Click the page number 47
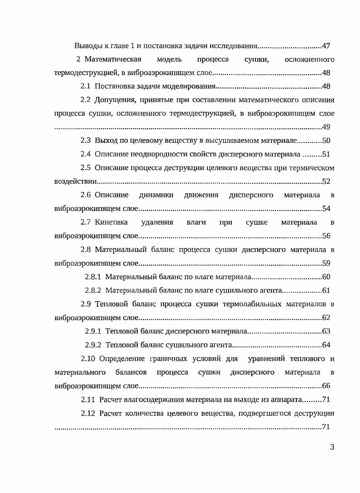(x=325, y=46)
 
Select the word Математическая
(x=113, y=60)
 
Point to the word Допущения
(x=114, y=100)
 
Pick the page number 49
(x=325, y=127)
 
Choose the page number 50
(x=325, y=141)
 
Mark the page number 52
(x=325, y=181)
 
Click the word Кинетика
(x=108, y=222)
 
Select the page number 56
(x=325, y=236)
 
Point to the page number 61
(x=325, y=290)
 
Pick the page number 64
(x=325, y=345)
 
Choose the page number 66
(x=325, y=386)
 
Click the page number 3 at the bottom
(x=332, y=447)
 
